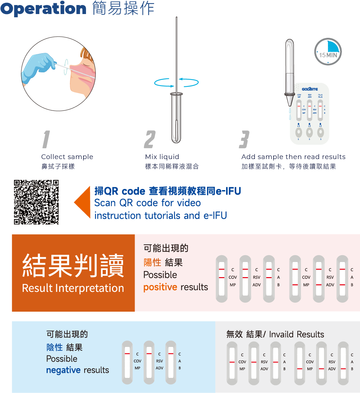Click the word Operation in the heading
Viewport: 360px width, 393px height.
coord(43,9)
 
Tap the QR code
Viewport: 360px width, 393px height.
coord(36,202)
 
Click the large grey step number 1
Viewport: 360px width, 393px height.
coord(46,139)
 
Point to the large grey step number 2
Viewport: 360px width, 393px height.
coord(150,139)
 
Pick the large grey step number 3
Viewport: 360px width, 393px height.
coord(244,139)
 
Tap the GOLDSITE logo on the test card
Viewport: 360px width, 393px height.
coord(310,89)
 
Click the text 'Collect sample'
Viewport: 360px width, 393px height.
coord(67,157)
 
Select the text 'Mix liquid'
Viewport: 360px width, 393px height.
coord(162,157)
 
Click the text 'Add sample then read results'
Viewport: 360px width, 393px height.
coord(293,157)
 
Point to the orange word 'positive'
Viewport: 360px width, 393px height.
coord(160,287)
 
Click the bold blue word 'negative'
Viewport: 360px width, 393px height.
coord(63,370)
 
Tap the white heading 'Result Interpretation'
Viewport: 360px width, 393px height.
coord(73,288)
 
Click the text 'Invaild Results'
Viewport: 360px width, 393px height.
coord(296,334)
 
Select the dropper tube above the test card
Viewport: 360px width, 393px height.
coord(289,72)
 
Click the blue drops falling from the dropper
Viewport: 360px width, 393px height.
coord(288,114)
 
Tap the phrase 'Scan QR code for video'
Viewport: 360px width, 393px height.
coord(147,203)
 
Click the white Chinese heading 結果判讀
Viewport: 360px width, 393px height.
coord(73,266)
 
